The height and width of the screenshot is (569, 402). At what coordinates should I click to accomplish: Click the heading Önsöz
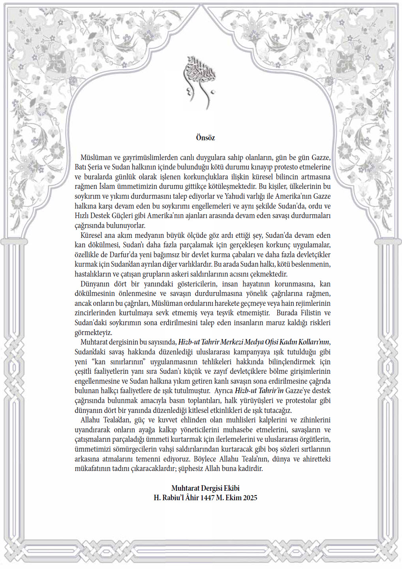(x=205, y=138)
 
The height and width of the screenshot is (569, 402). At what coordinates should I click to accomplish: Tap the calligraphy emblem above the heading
(x=200, y=81)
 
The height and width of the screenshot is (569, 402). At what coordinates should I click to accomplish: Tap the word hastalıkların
(x=93, y=274)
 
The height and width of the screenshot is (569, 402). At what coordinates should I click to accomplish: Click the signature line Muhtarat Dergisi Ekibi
(x=205, y=488)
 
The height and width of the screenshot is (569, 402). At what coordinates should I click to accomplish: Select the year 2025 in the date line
(x=250, y=498)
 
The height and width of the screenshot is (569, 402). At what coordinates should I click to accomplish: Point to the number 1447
(x=207, y=498)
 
